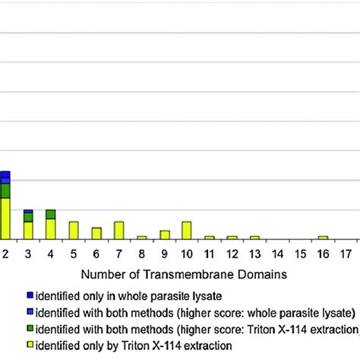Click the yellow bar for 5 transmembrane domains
(74, 230)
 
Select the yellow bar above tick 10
(186, 230)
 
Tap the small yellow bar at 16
(322, 237)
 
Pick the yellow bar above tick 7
(118, 230)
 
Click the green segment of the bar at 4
(51, 214)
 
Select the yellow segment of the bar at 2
(5, 218)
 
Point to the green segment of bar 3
(28, 217)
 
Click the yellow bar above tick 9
(164, 235)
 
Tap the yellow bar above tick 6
(96, 233)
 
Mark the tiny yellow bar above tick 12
(232, 237)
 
